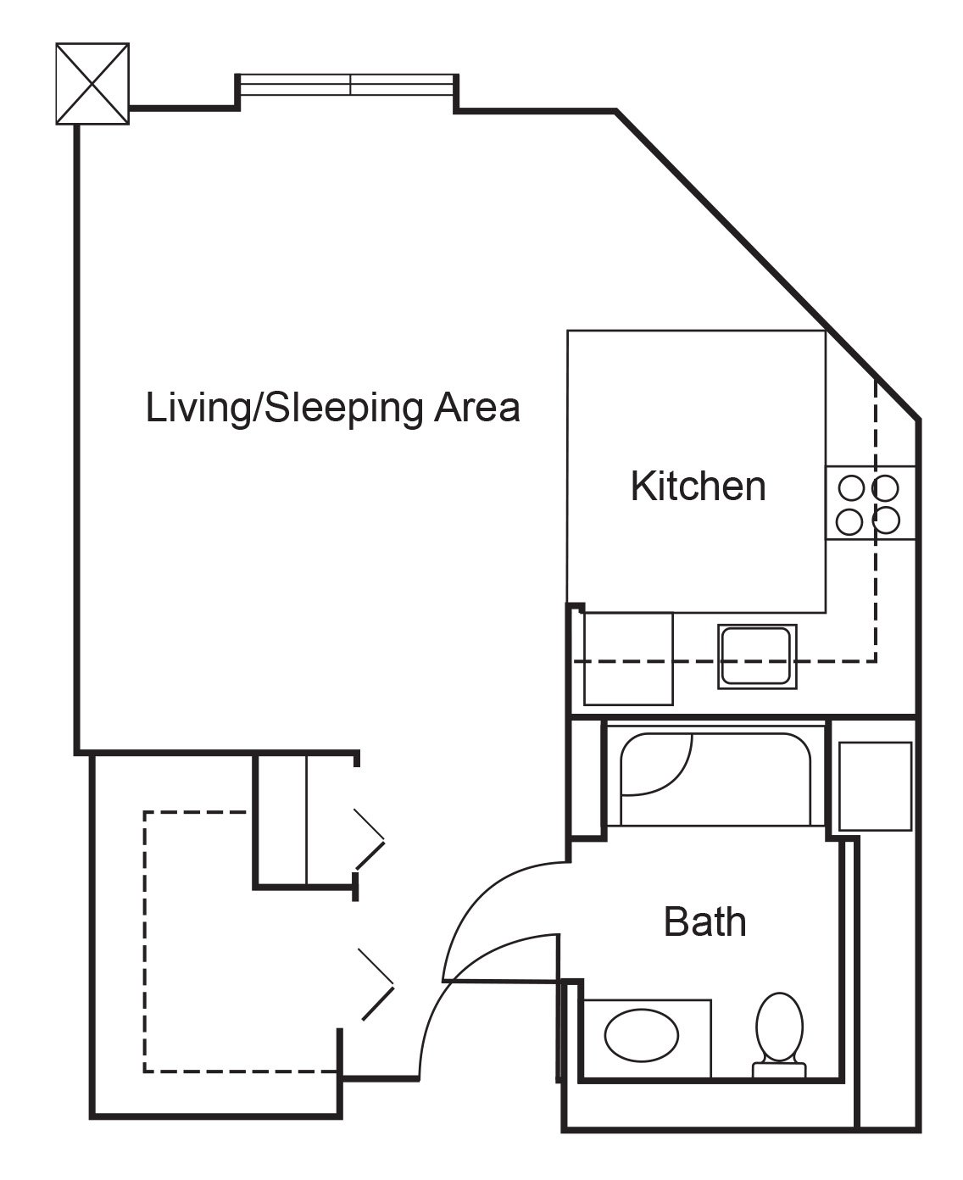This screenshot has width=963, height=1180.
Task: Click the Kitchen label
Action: pyautogui.click(x=698, y=487)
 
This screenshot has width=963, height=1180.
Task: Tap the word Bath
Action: pyautogui.click(x=704, y=922)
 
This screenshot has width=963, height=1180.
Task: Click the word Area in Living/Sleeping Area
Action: pyautogui.click(x=477, y=408)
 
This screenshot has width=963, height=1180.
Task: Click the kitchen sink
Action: pyautogui.click(x=756, y=656)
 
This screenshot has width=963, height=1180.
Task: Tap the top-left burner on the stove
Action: pyautogui.click(x=850, y=488)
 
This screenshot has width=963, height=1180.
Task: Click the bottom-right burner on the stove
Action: pyautogui.click(x=887, y=521)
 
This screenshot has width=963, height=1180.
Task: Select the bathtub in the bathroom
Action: pyautogui.click(x=715, y=780)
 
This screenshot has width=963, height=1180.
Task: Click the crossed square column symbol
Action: pyautogui.click(x=92, y=83)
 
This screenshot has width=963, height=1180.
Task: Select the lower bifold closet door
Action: pyautogui.click(x=377, y=984)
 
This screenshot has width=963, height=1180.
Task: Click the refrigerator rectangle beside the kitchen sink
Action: pyautogui.click(x=628, y=659)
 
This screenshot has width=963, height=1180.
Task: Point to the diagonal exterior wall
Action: pyautogui.click(x=769, y=264)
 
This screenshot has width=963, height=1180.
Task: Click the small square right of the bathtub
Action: pyautogui.click(x=875, y=786)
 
